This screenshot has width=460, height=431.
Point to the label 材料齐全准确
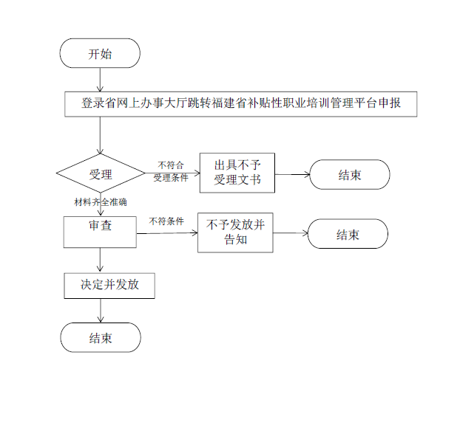click(x=101, y=202)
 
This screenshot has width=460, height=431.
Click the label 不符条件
click(x=166, y=221)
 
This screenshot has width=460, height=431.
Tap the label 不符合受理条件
click(x=171, y=171)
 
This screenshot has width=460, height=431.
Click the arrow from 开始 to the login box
click(x=100, y=80)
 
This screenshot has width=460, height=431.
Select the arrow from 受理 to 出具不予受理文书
click(x=172, y=173)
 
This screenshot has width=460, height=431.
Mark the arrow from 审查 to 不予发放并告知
click(x=167, y=233)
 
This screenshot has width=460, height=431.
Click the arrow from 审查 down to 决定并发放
click(x=101, y=260)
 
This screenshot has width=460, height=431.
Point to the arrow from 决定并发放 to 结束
click(x=101, y=311)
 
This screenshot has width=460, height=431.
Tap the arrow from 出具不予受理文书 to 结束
click(x=292, y=174)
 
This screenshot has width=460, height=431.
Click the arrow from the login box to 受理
click(x=100, y=135)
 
